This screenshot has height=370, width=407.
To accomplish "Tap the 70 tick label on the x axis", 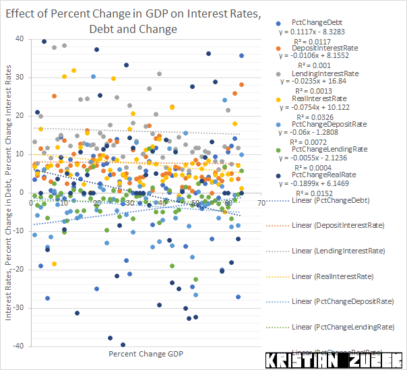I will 260,203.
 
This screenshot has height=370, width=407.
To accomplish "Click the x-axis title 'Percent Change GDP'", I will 145,353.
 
